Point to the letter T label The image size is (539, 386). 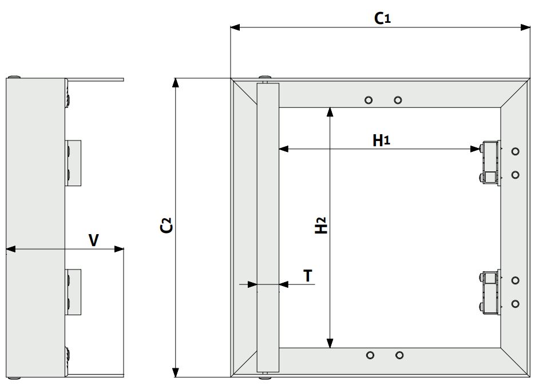click(308, 276)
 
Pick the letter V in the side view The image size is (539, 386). click(93, 240)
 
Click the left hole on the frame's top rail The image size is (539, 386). click(369, 100)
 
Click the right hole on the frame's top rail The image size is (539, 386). click(398, 100)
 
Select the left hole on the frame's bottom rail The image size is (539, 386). click(370, 355)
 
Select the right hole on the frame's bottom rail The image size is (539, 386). click(399, 355)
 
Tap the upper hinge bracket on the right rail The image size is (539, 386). click(490, 163)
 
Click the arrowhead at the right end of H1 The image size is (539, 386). click(475, 149)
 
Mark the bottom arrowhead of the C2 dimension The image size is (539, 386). click(177, 373)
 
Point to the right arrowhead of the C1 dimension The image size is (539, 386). click(527, 27)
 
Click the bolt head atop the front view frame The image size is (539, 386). click(265, 79)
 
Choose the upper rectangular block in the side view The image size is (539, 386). click(74, 163)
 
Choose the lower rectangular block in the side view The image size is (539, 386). click(74, 291)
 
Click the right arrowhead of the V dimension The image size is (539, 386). click(120, 249)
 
